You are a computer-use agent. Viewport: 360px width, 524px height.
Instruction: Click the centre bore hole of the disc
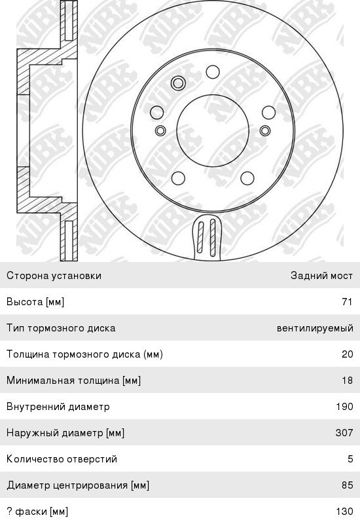click(x=213, y=130)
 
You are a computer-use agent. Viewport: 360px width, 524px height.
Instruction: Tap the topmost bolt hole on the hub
click(x=213, y=72)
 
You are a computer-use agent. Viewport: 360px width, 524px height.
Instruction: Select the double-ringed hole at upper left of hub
click(x=178, y=83)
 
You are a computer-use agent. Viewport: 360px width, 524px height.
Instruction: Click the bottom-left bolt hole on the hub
click(x=178, y=178)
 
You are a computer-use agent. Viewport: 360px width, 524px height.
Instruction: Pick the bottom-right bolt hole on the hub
click(x=247, y=178)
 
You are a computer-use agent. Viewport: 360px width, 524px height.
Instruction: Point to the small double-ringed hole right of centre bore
click(x=265, y=130)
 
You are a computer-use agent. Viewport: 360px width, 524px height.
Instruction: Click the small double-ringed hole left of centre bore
click(x=160, y=130)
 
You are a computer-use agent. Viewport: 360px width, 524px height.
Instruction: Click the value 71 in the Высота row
click(x=348, y=302)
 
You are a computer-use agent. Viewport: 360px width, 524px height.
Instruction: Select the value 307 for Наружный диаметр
click(x=344, y=433)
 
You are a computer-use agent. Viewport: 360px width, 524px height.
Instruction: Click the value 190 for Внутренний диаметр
click(x=345, y=407)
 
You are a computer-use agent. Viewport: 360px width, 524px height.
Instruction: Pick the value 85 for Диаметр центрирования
click(x=348, y=485)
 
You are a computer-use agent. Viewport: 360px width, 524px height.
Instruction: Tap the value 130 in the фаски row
click(x=345, y=512)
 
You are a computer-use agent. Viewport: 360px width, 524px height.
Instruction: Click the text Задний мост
click(x=321, y=276)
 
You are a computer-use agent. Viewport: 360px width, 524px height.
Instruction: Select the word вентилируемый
click(x=315, y=329)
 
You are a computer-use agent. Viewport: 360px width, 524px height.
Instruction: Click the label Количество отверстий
click(x=62, y=459)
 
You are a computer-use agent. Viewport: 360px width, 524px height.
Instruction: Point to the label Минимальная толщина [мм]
click(x=73, y=381)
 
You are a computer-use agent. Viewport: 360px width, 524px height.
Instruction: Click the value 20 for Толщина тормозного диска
click(x=348, y=354)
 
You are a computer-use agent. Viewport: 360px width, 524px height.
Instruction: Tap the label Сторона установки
click(x=54, y=276)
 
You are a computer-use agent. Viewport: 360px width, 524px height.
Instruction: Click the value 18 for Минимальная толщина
click(x=348, y=381)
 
